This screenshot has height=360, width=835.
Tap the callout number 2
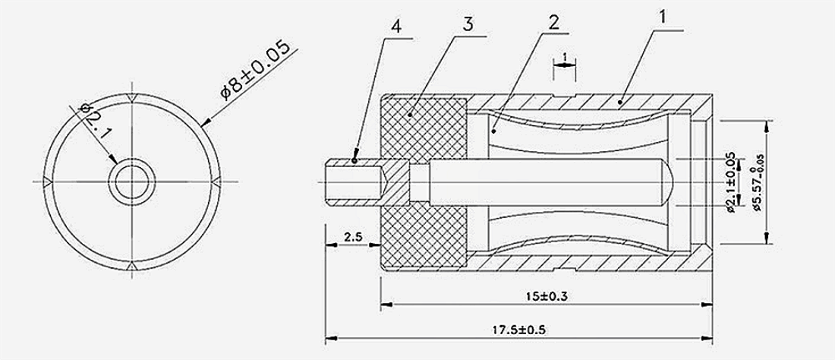554,21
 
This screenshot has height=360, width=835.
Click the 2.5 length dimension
352,238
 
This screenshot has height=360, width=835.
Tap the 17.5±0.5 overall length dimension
519,330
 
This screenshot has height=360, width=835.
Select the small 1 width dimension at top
564,57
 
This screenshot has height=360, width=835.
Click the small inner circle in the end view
132,181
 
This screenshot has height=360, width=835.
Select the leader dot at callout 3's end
409,114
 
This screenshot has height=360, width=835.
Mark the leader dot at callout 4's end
355,160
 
